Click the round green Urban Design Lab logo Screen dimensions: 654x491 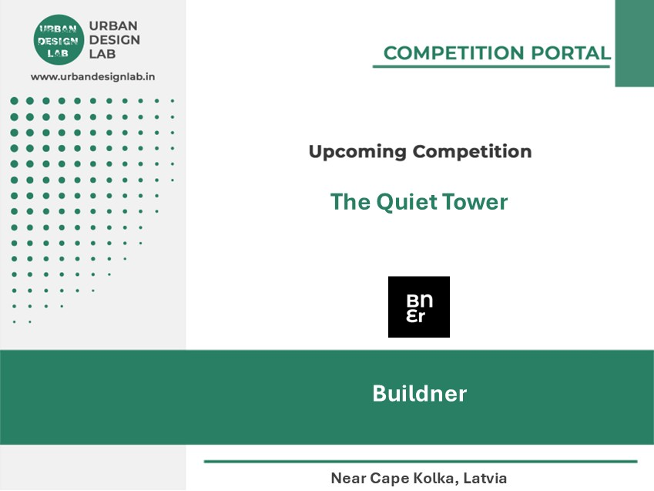(x=59, y=39)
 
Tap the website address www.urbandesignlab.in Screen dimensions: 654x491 (x=93, y=77)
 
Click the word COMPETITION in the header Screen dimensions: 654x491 (x=454, y=53)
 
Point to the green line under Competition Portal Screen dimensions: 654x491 (x=491, y=66)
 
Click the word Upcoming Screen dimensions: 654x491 (x=357, y=152)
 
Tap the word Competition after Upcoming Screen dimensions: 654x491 (x=472, y=151)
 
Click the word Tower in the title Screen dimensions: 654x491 (x=475, y=202)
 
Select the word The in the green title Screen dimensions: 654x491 (x=350, y=202)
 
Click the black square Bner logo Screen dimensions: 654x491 (x=419, y=307)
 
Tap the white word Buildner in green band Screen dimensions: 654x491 (x=420, y=393)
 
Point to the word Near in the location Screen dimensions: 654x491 (x=348, y=478)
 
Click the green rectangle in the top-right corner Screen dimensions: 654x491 (x=635, y=43)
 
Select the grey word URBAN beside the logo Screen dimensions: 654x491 (x=113, y=26)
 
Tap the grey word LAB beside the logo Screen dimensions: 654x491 (x=102, y=54)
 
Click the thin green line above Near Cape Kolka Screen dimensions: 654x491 (x=421, y=462)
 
